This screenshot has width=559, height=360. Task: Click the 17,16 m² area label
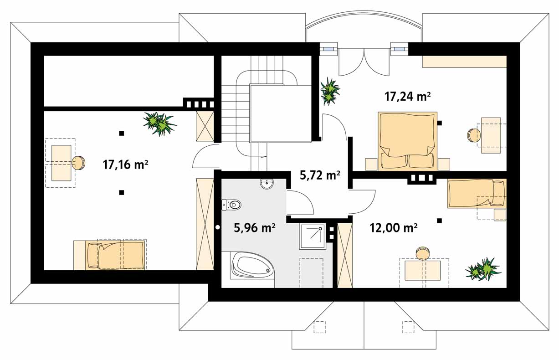[x=125, y=165]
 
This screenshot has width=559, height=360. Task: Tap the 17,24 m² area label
[x=408, y=96]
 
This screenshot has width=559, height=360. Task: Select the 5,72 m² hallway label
[x=320, y=175]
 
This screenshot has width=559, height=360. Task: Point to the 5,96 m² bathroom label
[x=255, y=228]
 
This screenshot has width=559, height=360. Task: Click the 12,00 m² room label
[x=394, y=228]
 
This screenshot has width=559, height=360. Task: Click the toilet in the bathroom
[x=231, y=205]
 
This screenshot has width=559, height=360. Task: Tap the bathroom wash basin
[x=267, y=184]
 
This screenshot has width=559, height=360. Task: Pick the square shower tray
[x=313, y=237]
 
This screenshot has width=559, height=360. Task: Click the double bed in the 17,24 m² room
[x=408, y=141]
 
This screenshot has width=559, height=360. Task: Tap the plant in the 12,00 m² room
[x=483, y=269]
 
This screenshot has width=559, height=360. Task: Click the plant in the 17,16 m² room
[x=160, y=123]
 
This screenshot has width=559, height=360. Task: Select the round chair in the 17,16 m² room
[x=79, y=163]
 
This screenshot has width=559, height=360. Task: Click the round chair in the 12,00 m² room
[x=423, y=253]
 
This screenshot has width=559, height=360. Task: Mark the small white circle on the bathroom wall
[x=218, y=227]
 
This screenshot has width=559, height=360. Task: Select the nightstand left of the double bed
[x=371, y=164]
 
